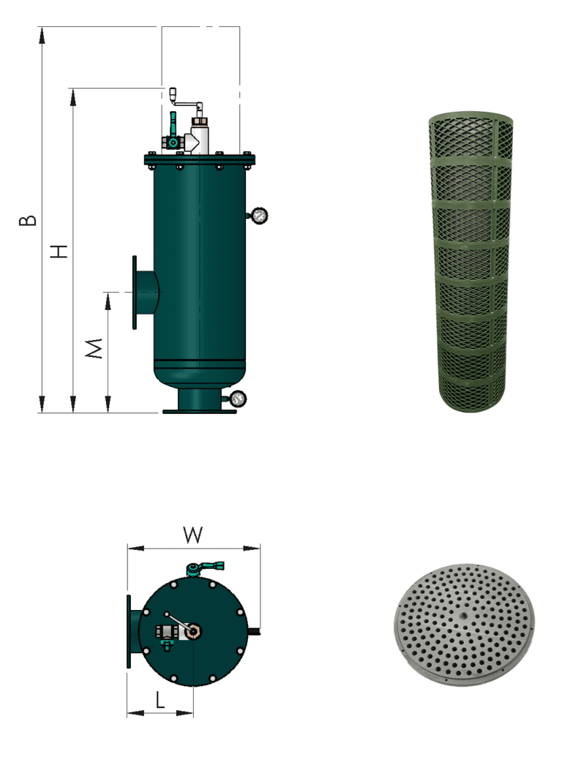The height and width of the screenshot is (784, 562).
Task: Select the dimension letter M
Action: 94,349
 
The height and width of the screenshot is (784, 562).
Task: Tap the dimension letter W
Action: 192,535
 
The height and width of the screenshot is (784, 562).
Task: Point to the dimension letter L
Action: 160,702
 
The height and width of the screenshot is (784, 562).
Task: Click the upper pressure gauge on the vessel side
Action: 259,215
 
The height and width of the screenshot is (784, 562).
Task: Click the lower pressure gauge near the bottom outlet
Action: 237,399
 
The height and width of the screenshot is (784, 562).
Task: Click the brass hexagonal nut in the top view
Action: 193,631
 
